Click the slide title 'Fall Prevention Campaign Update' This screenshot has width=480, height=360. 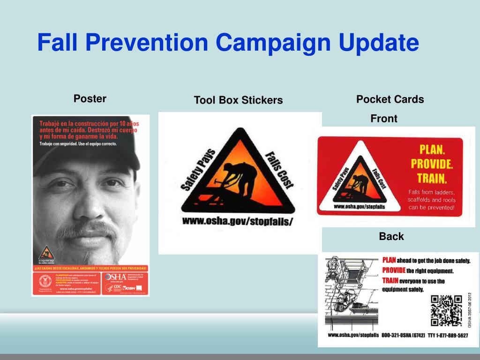click(x=228, y=42)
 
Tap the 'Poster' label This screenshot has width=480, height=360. click(x=90, y=98)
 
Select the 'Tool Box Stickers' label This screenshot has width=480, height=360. click(x=238, y=100)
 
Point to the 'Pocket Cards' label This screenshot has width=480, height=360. click(x=390, y=99)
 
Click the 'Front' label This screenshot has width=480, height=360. click(x=383, y=119)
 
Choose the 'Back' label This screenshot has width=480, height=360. click(x=391, y=236)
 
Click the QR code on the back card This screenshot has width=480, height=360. click(x=446, y=310)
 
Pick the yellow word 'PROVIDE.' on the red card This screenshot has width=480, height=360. click(x=432, y=164)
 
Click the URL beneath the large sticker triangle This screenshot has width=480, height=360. click(x=237, y=221)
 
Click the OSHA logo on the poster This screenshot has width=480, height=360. click(x=115, y=277)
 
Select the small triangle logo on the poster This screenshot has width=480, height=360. click(x=46, y=253)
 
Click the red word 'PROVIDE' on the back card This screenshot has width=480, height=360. click(x=394, y=270)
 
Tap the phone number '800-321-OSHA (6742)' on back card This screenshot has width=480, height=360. click(x=403, y=336)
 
